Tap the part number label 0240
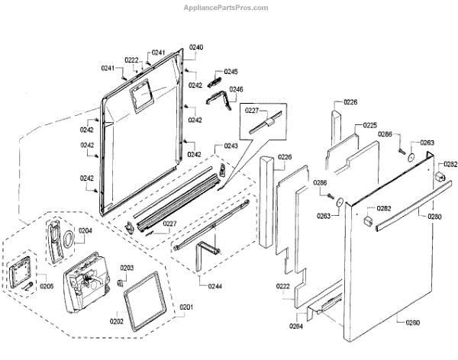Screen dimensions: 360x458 coord(197,47)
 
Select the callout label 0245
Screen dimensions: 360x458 coord(231,72)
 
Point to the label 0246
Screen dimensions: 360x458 coord(236,89)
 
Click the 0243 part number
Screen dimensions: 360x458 coord(231,146)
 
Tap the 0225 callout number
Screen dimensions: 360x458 coord(370,124)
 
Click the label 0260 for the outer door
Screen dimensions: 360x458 coord(412,323)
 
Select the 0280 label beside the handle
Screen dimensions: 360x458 coord(434,217)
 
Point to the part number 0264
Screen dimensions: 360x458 coord(295,326)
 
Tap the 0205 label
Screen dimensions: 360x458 coord(47,287)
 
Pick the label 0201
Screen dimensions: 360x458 coord(187,307)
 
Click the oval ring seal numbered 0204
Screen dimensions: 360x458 coord(68,238)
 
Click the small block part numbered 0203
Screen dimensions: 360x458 coord(120,282)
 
